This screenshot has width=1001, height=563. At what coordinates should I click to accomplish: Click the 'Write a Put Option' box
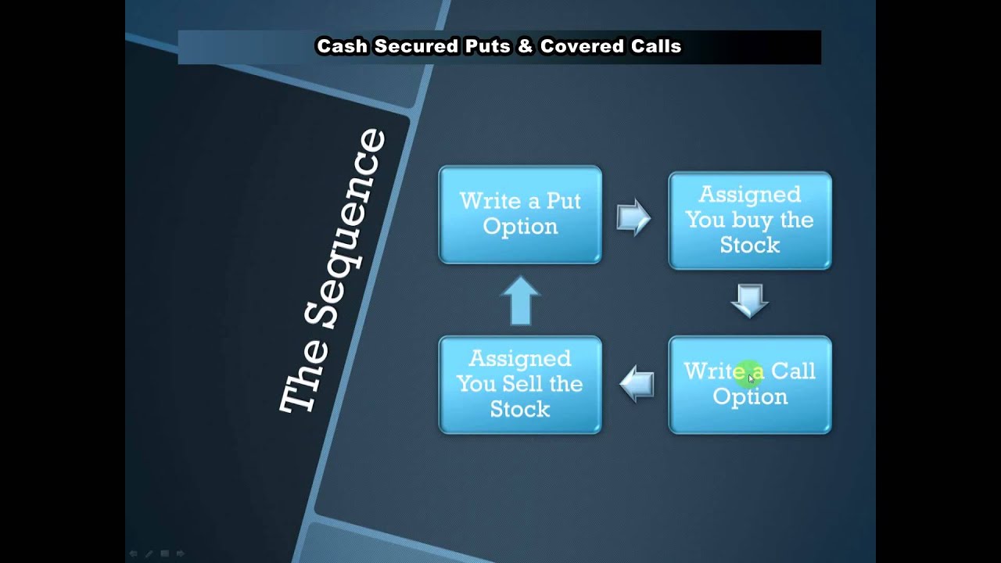coord(520,214)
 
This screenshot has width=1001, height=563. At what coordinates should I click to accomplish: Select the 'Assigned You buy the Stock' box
coord(750,221)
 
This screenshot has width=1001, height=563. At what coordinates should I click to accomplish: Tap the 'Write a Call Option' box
coord(750,385)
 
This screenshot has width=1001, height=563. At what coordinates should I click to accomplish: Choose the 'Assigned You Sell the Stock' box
coord(520,385)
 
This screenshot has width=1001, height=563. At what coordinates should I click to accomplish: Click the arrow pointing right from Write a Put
coord(633,217)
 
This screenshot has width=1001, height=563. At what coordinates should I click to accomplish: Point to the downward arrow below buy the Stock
coord(750,301)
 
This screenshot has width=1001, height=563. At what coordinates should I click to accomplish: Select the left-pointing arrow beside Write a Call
coord(637,383)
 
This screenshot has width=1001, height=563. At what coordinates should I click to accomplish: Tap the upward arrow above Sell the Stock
coord(521,300)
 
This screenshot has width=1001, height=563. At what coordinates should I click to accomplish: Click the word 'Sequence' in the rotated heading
coord(345,229)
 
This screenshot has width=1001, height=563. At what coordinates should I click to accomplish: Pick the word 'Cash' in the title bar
coord(342,46)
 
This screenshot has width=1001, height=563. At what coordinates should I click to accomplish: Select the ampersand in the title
coord(526,46)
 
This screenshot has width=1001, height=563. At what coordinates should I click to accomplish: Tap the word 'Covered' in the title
coord(582,46)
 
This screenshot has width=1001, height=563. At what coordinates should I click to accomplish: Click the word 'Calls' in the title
coord(656,46)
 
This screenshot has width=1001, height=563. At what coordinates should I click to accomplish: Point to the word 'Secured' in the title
coord(417,46)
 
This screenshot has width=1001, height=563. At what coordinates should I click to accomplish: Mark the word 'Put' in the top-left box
coord(564,201)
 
